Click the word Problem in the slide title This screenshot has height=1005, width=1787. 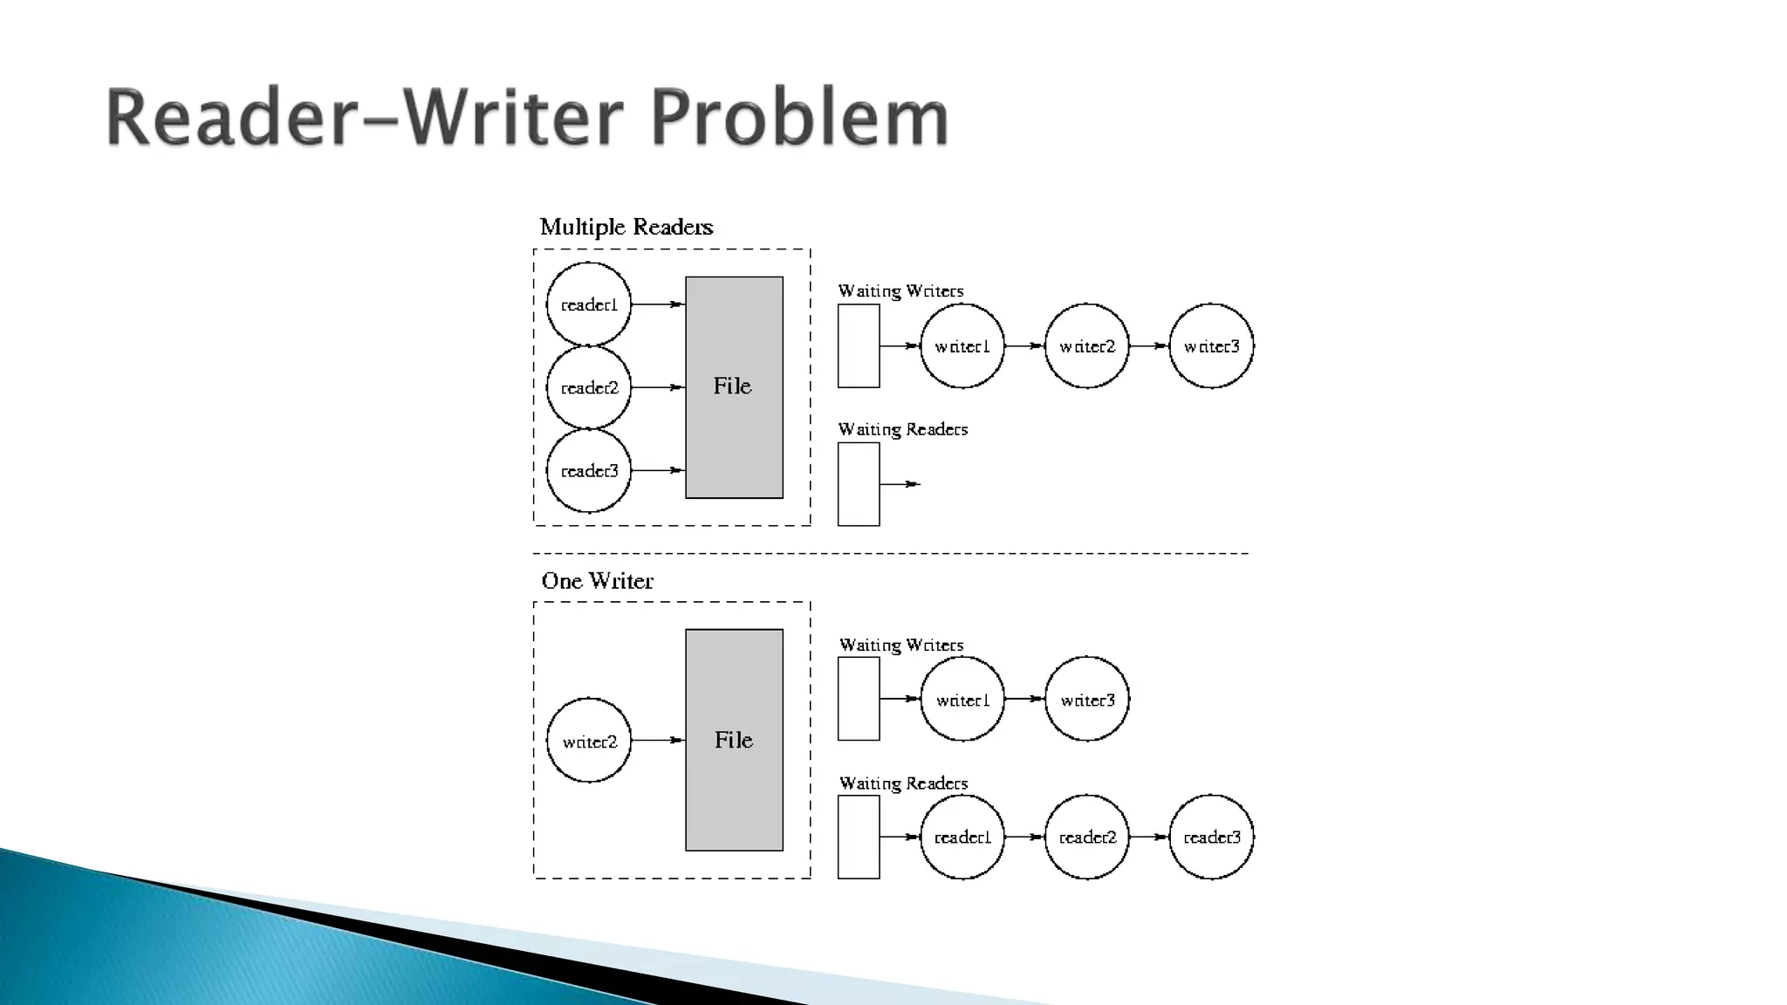tap(798, 118)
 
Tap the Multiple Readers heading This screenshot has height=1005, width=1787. tap(626, 228)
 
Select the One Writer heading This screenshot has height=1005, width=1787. tap(597, 581)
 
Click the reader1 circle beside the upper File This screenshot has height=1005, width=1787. tap(589, 304)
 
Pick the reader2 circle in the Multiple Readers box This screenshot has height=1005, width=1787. tap(589, 387)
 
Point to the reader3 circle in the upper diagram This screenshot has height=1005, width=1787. tap(589, 471)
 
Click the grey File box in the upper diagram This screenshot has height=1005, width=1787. tap(734, 387)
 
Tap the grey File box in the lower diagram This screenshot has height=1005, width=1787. tap(734, 740)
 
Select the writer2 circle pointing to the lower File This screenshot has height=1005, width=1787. tap(589, 741)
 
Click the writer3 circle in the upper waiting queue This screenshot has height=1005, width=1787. tap(1211, 346)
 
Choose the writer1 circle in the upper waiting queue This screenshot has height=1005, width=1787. tap(962, 346)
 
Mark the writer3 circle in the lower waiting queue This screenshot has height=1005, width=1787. tap(1087, 700)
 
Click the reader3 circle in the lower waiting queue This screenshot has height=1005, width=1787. tap(1211, 837)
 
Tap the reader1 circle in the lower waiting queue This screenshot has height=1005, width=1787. tap(962, 837)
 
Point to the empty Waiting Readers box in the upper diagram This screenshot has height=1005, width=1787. tap(859, 484)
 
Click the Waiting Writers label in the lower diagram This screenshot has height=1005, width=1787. tap(901, 646)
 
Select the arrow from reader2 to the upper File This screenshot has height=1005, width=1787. tap(658, 387)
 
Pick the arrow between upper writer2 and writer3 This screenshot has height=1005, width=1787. tap(1148, 346)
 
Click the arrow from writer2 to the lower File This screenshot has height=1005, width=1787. tap(658, 741)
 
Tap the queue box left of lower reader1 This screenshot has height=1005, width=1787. tap(859, 837)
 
